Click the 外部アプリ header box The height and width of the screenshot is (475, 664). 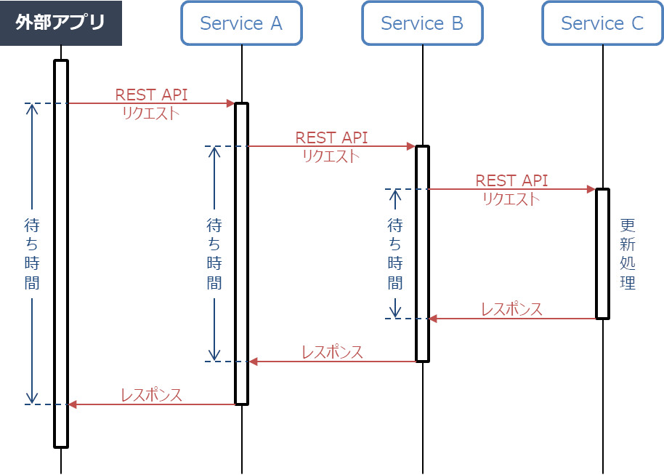[61, 23]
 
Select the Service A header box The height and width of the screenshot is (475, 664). [241, 23]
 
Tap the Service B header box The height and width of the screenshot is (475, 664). [422, 23]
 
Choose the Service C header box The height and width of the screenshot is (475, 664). [602, 23]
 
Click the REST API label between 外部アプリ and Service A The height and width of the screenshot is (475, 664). [151, 95]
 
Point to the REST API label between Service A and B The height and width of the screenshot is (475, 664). [331, 137]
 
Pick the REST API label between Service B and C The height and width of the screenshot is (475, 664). [511, 180]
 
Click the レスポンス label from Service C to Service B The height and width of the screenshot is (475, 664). [511, 309]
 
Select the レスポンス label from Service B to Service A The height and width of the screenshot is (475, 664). [332, 352]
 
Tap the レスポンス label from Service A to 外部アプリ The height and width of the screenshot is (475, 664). [151, 395]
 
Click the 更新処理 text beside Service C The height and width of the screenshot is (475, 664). [628, 254]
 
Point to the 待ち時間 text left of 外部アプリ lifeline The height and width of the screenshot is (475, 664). [32, 254]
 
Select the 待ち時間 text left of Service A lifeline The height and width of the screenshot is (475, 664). [214, 254]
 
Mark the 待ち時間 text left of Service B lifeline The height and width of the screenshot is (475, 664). [395, 254]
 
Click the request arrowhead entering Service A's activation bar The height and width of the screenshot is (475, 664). [231, 103]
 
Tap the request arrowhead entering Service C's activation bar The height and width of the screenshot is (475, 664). [592, 189]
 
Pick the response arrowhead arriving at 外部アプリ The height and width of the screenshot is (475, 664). [72, 404]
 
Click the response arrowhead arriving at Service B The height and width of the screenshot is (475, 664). [433, 319]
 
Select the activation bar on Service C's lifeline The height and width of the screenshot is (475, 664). [602, 254]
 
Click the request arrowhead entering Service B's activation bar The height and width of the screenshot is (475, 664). [411, 146]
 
